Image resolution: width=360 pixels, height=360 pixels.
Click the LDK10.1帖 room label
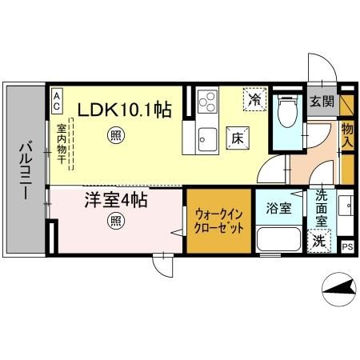[x=123, y=110]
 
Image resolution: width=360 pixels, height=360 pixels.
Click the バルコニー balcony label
[x=25, y=172]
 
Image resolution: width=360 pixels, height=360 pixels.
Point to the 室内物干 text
[x=62, y=144]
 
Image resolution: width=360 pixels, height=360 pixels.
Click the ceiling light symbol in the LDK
[x=117, y=137]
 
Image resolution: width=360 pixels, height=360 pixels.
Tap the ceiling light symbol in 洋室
[x=117, y=221]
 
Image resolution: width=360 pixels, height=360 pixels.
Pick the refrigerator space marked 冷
[x=254, y=100]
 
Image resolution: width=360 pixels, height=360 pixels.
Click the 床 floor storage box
[x=238, y=137]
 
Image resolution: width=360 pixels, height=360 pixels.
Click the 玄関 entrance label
[x=322, y=102]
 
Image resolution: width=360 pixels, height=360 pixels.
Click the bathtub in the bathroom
[x=278, y=239]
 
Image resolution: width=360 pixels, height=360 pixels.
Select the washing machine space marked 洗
[x=318, y=240]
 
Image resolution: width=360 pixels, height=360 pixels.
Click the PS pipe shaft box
[x=347, y=246]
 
